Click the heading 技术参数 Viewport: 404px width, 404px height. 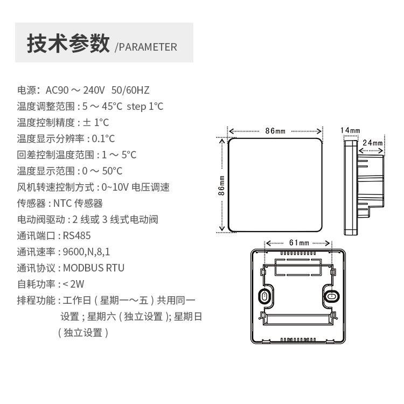(68, 44)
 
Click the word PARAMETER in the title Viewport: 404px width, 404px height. (148, 47)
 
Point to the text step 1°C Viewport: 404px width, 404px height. (145, 106)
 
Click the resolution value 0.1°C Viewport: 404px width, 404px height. (103, 138)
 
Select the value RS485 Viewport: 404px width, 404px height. (77, 235)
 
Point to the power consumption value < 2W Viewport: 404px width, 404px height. (74, 284)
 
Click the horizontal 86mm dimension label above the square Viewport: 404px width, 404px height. (275, 131)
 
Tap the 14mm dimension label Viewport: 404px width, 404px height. (350, 130)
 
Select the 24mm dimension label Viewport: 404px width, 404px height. (372, 143)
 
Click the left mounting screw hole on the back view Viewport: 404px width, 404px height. (264, 296)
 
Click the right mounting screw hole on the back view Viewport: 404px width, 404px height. (331, 296)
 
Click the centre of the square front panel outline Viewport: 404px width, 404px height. (275, 185)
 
